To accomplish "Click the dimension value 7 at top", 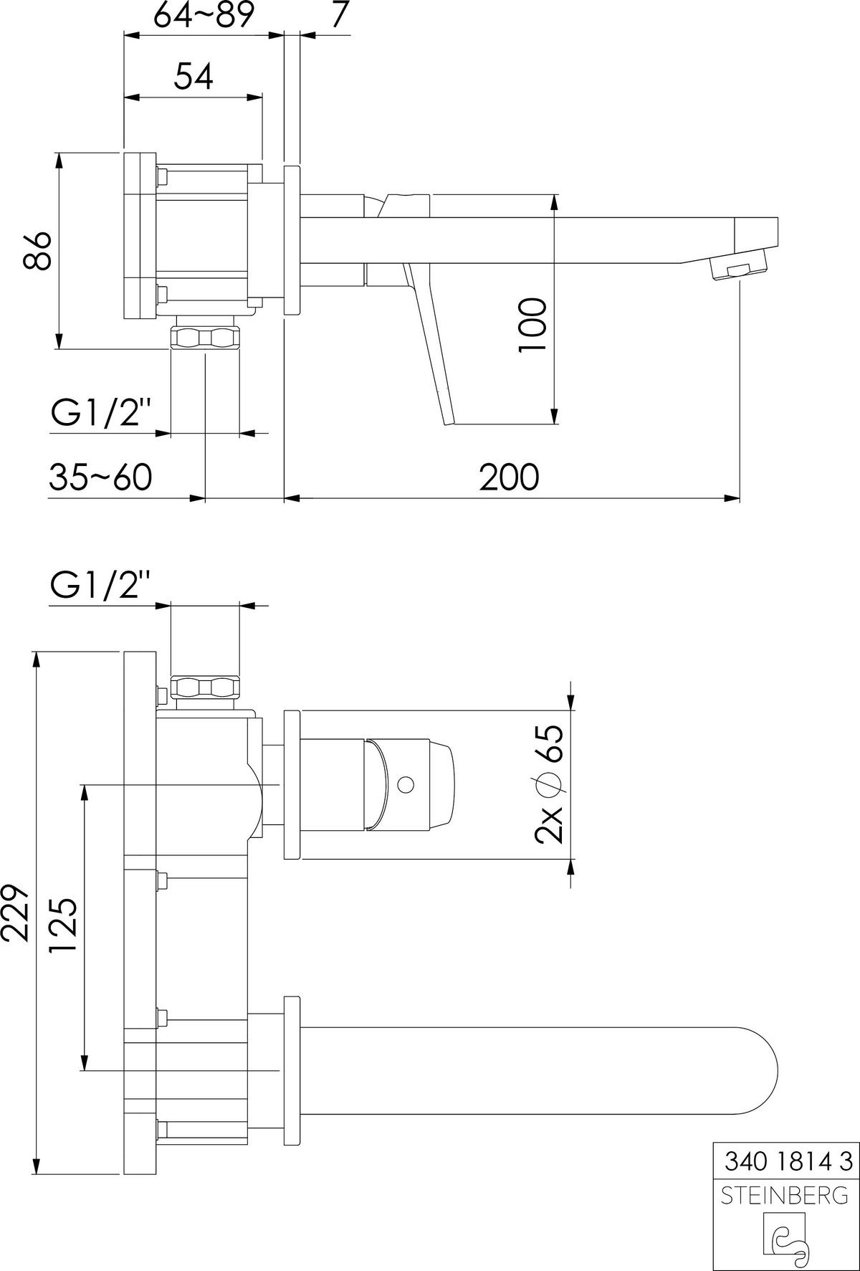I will click(339, 16).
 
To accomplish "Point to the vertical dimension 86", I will click(37, 250).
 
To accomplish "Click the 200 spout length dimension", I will click(509, 477).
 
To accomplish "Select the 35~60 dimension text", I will click(100, 477).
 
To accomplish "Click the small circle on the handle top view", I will click(405, 784).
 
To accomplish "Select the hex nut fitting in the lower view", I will click(206, 687).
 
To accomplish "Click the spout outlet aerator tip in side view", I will click(738, 271).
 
